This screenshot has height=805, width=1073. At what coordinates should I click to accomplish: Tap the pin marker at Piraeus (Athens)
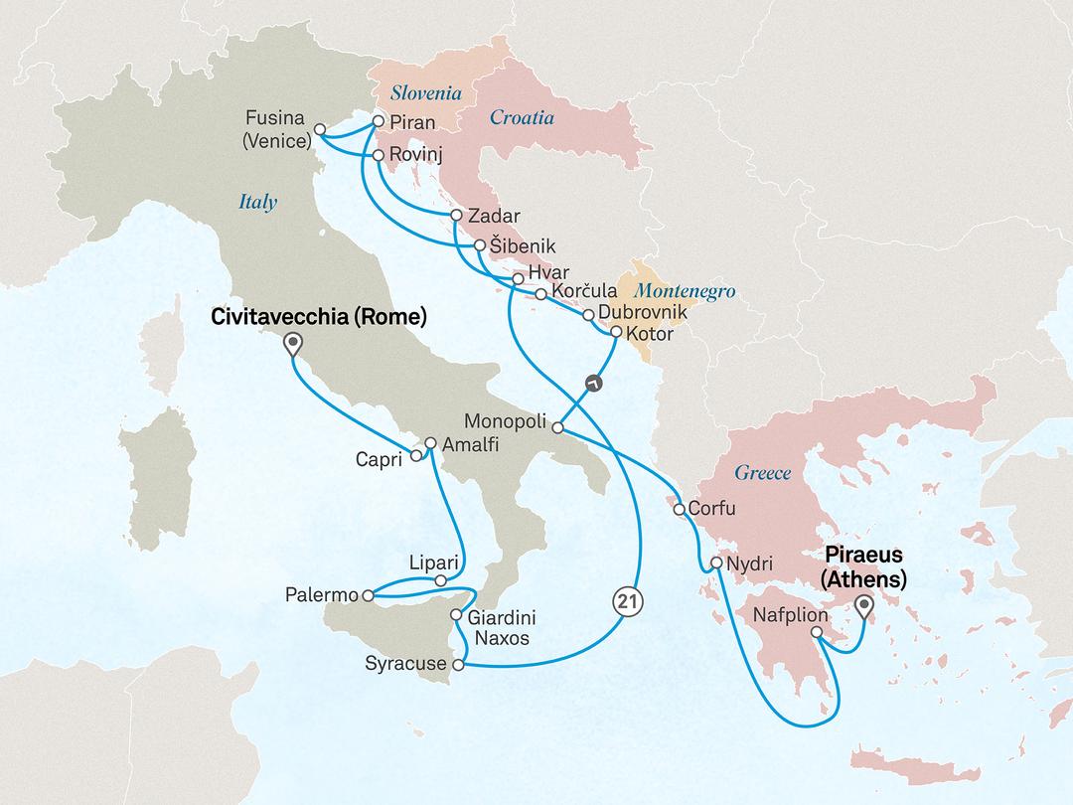pos(862,605)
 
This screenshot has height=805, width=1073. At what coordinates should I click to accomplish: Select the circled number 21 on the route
pos(625,600)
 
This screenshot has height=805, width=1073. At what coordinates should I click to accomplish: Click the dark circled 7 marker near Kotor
pos(592,382)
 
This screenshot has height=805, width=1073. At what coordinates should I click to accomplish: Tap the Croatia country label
pos(522,118)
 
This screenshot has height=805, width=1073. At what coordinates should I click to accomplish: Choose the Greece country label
pos(763,472)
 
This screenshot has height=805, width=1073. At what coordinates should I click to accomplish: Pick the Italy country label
pos(258,203)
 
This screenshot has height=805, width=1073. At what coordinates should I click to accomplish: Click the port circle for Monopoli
pos(557,428)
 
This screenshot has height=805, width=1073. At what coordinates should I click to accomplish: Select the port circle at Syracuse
pos(458,664)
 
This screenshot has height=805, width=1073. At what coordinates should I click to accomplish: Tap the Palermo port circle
pos(368,596)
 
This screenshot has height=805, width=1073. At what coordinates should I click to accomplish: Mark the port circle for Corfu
pos(679,510)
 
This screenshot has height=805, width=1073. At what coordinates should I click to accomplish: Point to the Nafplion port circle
pos(816,632)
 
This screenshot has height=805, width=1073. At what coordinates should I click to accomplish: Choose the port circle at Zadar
pos(455,216)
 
